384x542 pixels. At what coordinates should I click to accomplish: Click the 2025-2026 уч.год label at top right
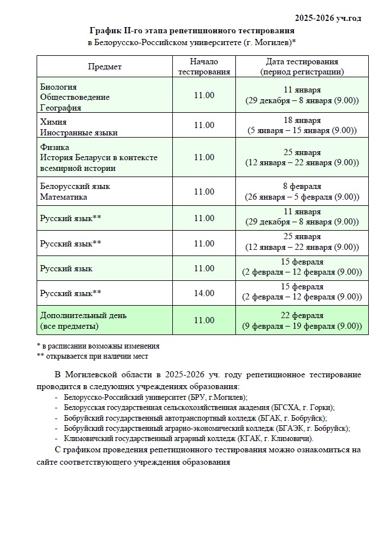328,18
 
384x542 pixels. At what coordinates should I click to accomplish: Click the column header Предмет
104,67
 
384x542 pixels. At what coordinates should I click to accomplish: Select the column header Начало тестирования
204,67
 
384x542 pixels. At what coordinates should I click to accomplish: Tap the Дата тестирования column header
302,67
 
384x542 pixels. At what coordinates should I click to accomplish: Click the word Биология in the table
59,87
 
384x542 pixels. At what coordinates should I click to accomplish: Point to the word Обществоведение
75,97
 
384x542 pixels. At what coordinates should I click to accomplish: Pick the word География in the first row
60,107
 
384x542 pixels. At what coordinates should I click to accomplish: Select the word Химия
53,121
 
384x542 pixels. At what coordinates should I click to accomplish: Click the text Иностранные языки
79,132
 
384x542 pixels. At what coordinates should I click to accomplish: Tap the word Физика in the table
55,147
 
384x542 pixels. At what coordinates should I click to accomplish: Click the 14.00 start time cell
204,293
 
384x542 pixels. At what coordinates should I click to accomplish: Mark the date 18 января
302,121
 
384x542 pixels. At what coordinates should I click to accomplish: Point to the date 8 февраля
302,186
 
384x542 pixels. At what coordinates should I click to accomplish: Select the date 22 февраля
302,315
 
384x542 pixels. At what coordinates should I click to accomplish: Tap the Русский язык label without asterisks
66,268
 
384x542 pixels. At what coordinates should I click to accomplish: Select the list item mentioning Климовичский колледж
189,438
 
